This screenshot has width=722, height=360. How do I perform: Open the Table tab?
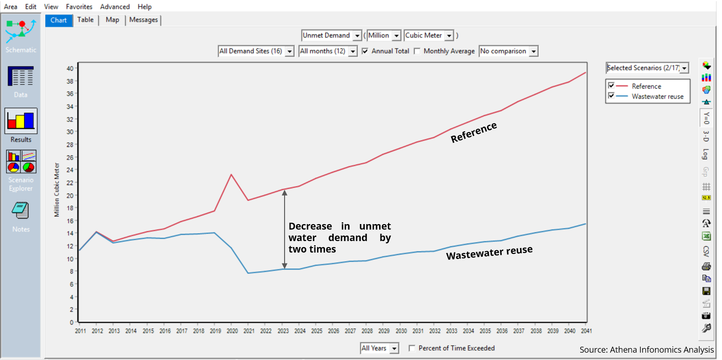click(85, 20)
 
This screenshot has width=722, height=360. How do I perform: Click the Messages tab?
click(143, 20)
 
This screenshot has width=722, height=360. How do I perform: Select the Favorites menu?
click(79, 7)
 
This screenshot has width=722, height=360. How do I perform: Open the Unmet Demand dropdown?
click(357, 36)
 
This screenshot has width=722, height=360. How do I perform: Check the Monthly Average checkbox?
click(417, 51)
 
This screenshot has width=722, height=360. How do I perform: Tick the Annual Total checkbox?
click(365, 51)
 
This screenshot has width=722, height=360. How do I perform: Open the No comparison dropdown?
click(533, 51)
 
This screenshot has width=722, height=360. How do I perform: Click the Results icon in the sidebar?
click(21, 121)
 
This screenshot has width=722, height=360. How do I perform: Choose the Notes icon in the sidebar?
click(21, 211)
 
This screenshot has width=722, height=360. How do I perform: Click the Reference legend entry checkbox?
click(611, 86)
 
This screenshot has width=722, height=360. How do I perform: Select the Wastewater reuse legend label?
click(657, 96)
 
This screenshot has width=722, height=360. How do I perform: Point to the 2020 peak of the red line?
click(231, 174)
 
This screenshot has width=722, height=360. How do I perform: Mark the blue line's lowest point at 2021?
click(248, 273)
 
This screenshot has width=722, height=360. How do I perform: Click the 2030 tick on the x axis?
click(401, 331)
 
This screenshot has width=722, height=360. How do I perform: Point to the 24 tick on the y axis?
click(70, 170)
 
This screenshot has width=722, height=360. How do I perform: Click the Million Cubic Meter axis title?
click(57, 190)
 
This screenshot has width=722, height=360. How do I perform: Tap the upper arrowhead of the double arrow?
click(285, 193)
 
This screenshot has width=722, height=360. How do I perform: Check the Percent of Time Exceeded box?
click(412, 348)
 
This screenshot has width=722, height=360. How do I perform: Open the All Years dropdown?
click(394, 349)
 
